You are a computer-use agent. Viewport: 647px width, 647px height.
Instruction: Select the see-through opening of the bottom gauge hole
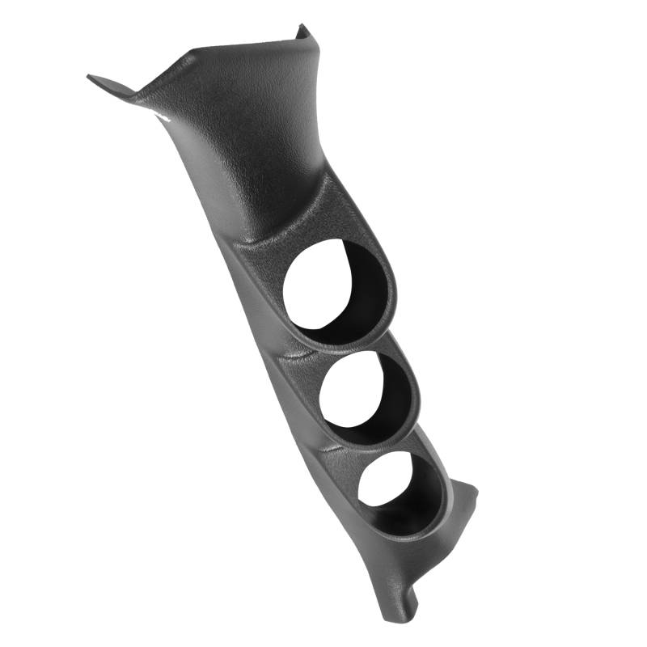coord(387,477)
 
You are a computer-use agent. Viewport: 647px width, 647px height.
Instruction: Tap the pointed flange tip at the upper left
coord(91,78)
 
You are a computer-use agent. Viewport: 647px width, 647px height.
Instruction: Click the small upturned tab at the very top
coord(302,31)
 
